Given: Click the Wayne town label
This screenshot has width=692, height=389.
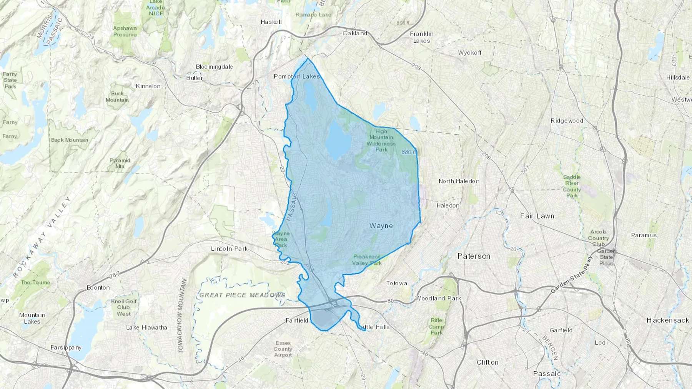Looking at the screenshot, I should pos(381,226).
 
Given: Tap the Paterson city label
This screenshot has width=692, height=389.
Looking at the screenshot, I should pos(474,256).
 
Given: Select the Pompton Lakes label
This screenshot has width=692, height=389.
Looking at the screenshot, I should pos(296,76).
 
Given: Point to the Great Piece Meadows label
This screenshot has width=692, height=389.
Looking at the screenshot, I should pos(242,295).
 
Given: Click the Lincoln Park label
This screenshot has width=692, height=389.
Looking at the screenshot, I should pos(229,249).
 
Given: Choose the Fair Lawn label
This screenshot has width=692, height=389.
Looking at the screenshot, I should pos(537,216).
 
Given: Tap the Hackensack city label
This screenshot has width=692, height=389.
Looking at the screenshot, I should pos(668,320).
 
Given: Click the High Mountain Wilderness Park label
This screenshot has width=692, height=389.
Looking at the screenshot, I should pos(381,141).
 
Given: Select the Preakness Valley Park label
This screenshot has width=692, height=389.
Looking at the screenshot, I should pos(367,260).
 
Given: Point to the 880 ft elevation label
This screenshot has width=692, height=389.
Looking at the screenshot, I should pos(409,152).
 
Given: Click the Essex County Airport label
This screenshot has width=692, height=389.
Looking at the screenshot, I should pos(283,349).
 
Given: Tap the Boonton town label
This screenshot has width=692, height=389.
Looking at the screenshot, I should pos(98,288).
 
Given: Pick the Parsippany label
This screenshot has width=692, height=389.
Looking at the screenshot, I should pos(66,348).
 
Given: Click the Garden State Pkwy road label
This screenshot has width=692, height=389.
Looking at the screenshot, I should pos(572,275).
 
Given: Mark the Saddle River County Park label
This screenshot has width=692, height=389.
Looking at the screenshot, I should pos(572,186).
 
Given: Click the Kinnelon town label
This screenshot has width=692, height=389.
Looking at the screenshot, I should pos(148,86).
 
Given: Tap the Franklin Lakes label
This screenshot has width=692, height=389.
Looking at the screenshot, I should pos(422,37).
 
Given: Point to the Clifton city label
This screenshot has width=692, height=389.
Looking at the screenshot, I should pos(487,363).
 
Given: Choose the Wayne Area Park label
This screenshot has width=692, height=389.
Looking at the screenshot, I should pos(281,239).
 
